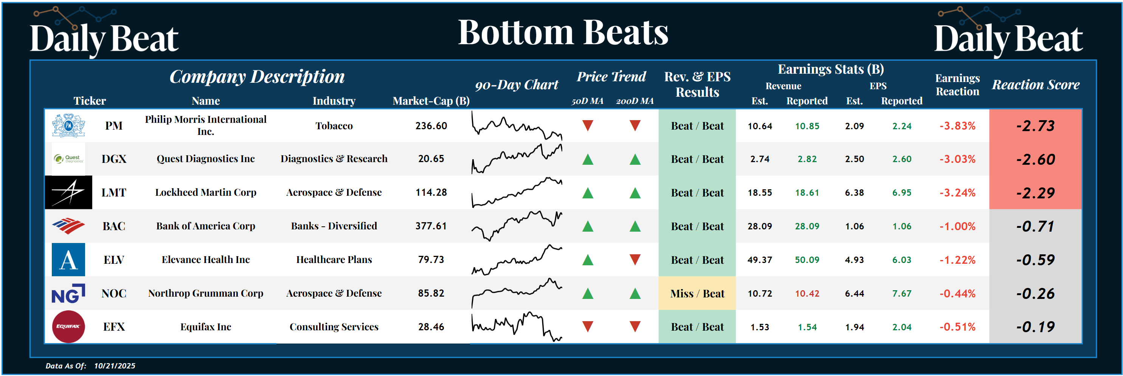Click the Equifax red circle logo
(68, 326)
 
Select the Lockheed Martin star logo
(68, 192)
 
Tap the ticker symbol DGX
(114, 159)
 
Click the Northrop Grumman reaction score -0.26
(1035, 294)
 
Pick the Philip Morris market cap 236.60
(431, 126)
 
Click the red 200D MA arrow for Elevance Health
(635, 260)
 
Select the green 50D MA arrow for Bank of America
(588, 226)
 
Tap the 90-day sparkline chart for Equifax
(517, 326)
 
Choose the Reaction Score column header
(1035, 85)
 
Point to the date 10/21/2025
(115, 365)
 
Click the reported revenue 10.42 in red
(807, 294)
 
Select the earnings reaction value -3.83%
(957, 126)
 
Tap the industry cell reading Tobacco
(334, 126)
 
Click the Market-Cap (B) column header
(431, 101)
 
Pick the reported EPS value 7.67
(901, 294)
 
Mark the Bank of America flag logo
(68, 226)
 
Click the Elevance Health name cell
(206, 260)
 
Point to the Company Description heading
(257, 77)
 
